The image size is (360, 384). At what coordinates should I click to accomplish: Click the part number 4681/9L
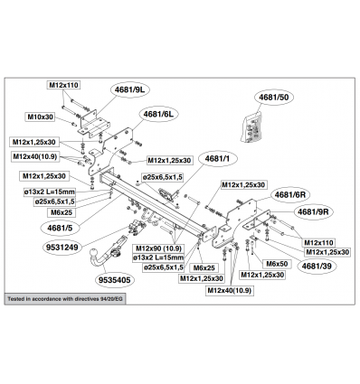(132, 89)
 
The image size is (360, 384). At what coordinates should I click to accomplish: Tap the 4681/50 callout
(273, 97)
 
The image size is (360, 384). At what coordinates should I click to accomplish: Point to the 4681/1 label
(217, 159)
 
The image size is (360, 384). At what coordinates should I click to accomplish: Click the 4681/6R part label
(289, 194)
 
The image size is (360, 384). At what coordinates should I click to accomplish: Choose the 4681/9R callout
(313, 211)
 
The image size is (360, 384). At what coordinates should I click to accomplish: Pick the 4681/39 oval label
(316, 266)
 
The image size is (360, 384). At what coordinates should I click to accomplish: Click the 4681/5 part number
(60, 228)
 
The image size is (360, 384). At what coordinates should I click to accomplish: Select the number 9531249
(62, 248)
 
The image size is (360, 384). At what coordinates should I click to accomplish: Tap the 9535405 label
(115, 280)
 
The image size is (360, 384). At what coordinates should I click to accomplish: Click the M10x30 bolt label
(40, 117)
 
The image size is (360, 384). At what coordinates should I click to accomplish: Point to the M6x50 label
(277, 264)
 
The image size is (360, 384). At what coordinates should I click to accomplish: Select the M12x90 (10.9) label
(158, 248)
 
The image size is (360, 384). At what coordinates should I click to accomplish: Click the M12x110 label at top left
(63, 85)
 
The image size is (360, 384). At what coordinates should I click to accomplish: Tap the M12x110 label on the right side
(318, 243)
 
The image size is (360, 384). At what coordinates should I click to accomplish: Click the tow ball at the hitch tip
(95, 253)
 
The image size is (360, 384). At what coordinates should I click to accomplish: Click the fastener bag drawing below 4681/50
(251, 126)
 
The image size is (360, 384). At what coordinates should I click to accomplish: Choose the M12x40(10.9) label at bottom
(229, 291)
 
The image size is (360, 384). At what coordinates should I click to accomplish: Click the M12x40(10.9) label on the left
(34, 157)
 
